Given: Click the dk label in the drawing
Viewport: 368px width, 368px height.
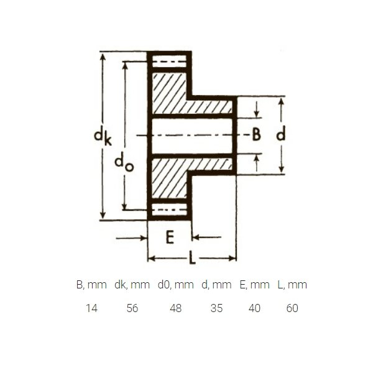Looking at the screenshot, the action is [103, 137].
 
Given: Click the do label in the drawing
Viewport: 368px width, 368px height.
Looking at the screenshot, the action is [124, 162].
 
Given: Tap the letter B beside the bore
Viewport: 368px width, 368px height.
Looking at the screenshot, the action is [256, 134].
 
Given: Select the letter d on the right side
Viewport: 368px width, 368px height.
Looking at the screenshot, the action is [281, 133].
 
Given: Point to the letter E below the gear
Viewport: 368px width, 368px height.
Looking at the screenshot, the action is [170, 237].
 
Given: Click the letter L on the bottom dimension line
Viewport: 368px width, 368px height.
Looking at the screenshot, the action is [192, 257].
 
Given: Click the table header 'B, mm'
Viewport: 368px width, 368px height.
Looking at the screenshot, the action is [91, 285].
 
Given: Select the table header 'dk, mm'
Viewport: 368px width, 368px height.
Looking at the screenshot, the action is [132, 285].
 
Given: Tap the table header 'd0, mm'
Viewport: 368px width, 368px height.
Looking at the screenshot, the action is [176, 285].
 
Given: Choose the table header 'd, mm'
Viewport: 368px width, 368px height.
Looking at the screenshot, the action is [216, 285].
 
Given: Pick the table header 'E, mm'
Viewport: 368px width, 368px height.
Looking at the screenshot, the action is [255, 285].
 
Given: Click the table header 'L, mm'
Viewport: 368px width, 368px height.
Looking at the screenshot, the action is [292, 285].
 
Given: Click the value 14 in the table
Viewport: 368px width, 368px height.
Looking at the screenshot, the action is [91, 308].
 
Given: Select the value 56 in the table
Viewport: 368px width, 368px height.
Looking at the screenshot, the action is [132, 308].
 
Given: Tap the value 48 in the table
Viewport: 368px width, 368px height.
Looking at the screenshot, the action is [176, 308].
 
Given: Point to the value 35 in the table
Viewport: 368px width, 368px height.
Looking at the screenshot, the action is [216, 308].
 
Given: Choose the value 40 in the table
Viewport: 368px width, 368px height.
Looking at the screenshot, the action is [255, 308].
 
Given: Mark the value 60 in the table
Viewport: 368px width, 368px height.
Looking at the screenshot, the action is [292, 308].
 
